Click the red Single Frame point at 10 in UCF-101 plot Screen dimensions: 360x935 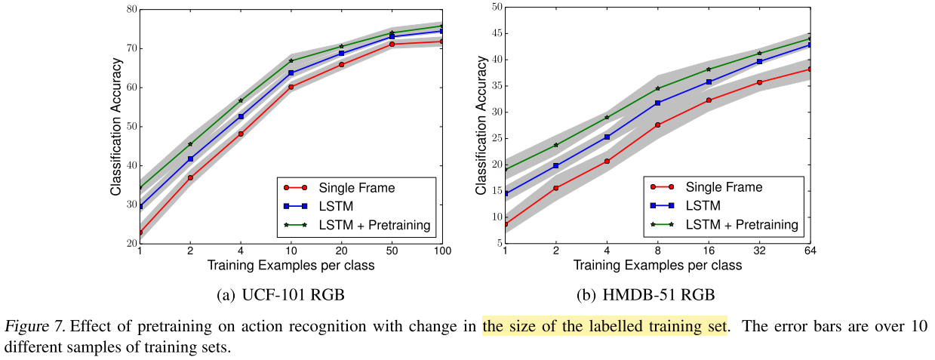point(291,87)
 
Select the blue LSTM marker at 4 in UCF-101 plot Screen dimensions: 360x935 point(241,116)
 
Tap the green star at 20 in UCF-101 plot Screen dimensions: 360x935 point(341,47)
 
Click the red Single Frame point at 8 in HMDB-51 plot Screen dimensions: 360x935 point(657,125)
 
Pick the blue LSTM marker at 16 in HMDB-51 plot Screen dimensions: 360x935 point(709,82)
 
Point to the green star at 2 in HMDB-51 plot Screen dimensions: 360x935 point(555,145)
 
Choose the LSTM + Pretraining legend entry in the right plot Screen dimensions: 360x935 point(742,224)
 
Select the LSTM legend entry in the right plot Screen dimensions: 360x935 point(703,205)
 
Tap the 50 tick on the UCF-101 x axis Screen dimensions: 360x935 point(392,250)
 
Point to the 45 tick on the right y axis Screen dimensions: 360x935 point(495,33)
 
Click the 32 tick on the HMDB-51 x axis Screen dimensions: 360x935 point(759,250)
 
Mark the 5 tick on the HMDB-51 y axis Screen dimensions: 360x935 point(498,243)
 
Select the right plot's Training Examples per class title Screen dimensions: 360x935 point(657,265)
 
